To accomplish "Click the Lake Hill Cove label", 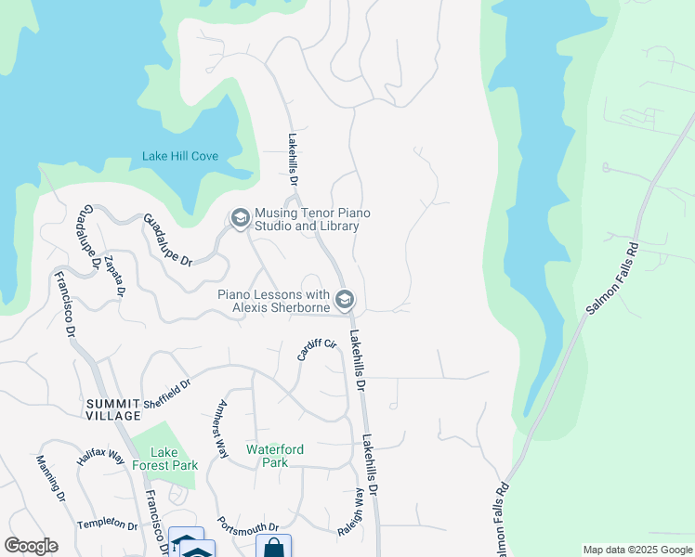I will tap(180, 156).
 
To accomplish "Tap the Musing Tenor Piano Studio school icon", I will tap(240, 217).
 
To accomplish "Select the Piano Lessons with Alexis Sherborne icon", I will tap(345, 299).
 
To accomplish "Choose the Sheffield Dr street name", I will tap(167, 393).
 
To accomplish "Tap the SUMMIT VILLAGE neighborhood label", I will tap(114, 409).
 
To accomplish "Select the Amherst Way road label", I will tap(220, 429).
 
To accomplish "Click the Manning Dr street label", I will tap(50, 478).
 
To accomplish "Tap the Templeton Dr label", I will tap(107, 524).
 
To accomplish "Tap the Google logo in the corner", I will tap(31, 546).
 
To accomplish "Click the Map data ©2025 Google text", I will tap(637, 550).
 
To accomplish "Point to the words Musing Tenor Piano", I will tap(312, 214).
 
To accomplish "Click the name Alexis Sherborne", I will tap(280, 307).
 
